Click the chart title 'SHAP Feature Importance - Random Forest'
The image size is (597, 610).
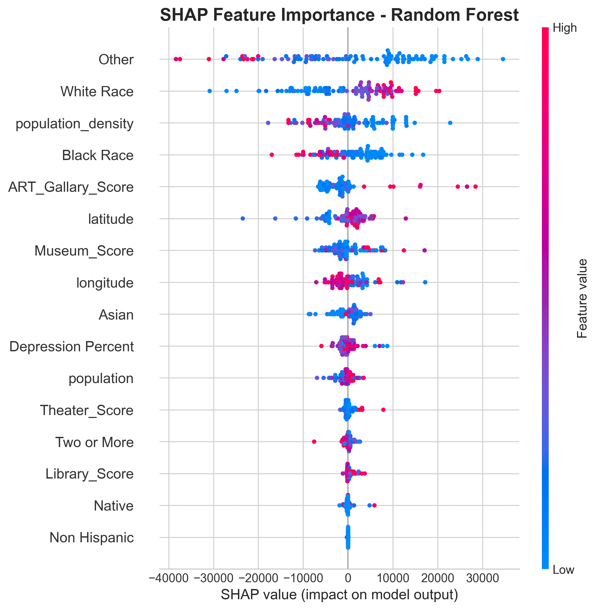(x=339, y=15)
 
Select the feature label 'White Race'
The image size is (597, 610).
(x=97, y=92)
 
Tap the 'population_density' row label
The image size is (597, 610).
(x=75, y=124)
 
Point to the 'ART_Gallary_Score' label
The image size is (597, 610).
(x=71, y=187)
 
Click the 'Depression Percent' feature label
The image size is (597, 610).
(x=71, y=347)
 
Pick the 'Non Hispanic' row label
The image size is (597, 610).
(x=92, y=538)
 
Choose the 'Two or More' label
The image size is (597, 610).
(x=94, y=442)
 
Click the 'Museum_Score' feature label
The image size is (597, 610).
(x=84, y=251)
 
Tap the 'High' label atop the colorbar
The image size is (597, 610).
(x=564, y=28)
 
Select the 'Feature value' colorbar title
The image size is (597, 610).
(x=582, y=298)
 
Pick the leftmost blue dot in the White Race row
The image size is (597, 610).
(x=210, y=91)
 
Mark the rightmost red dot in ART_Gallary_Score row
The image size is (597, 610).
(x=475, y=187)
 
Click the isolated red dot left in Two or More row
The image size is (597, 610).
(x=314, y=441)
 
